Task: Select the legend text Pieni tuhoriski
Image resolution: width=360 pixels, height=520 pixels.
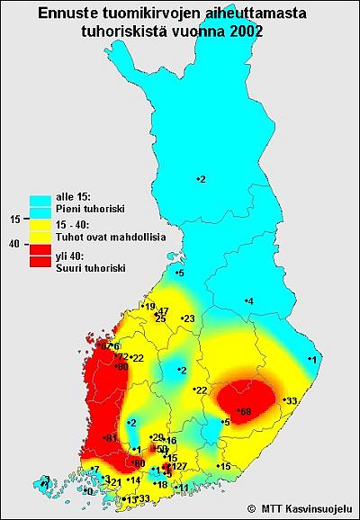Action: tap(89, 208)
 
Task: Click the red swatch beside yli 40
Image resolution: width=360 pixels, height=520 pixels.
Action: tap(40, 261)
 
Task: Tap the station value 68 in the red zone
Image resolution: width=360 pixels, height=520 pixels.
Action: tap(245, 410)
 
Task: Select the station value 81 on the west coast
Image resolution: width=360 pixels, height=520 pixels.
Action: tap(112, 438)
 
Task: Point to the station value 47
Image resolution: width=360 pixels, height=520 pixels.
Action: tap(163, 310)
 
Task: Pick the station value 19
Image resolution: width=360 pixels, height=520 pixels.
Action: tap(149, 306)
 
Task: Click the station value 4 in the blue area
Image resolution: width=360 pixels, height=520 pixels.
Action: tap(249, 300)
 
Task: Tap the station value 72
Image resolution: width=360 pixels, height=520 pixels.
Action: tap(123, 357)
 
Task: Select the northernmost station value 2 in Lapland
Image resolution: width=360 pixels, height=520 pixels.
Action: tap(202, 180)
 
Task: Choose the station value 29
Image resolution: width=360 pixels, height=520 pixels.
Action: tap(157, 437)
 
